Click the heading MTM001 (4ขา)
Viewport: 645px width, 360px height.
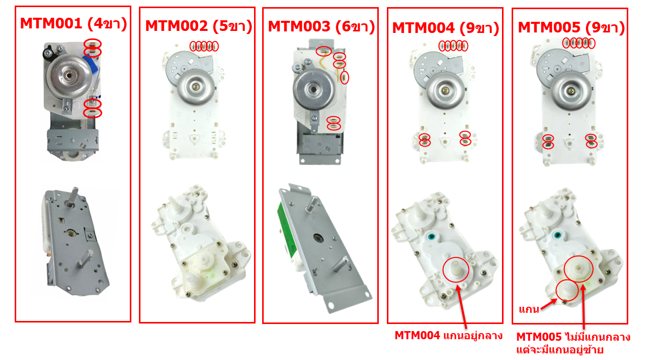pyautogui.click(x=73, y=23)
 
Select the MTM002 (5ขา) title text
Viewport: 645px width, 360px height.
pyautogui.click(x=198, y=25)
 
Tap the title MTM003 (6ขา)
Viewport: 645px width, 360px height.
pyautogui.click(x=321, y=25)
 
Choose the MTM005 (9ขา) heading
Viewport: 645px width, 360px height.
pyautogui.click(x=570, y=27)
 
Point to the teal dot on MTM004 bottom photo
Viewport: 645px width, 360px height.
pyautogui.click(x=432, y=236)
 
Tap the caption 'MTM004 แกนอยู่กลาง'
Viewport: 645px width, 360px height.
pyautogui.click(x=448, y=335)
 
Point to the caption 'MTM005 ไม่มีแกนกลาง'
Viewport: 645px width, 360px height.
pyautogui.click(x=573, y=337)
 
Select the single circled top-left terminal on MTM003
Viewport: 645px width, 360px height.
pyautogui.click(x=324, y=51)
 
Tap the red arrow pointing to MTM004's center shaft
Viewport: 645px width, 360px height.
pyautogui.click(x=462, y=305)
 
